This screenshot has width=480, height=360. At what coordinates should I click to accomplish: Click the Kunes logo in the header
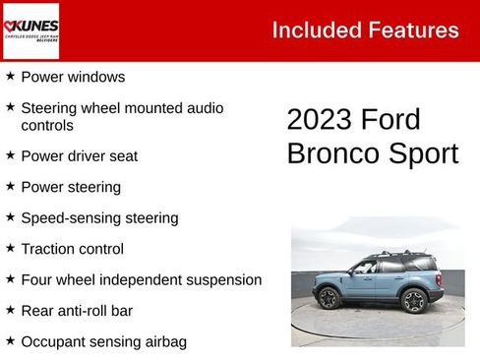point(31,30)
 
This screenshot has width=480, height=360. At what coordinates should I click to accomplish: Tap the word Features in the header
point(413,30)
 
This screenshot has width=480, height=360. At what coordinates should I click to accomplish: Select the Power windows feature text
point(73,76)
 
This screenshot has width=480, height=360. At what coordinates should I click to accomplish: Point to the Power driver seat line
point(79,155)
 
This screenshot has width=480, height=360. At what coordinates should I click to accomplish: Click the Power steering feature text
point(71,187)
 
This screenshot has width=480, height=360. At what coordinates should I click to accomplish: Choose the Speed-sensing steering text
point(99,217)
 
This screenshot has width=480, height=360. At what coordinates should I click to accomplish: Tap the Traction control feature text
point(73,249)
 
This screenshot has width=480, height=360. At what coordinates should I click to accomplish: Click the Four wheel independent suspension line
point(141,279)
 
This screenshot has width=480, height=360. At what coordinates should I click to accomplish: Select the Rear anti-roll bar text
point(77,311)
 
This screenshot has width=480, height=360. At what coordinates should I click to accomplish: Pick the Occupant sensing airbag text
point(103,342)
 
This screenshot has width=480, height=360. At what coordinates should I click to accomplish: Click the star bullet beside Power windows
point(10,75)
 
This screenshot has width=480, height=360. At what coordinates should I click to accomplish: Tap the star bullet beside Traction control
point(10,248)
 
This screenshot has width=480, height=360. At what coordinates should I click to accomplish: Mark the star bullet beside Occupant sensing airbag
point(10,341)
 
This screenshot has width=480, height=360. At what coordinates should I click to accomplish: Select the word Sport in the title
point(423,153)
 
